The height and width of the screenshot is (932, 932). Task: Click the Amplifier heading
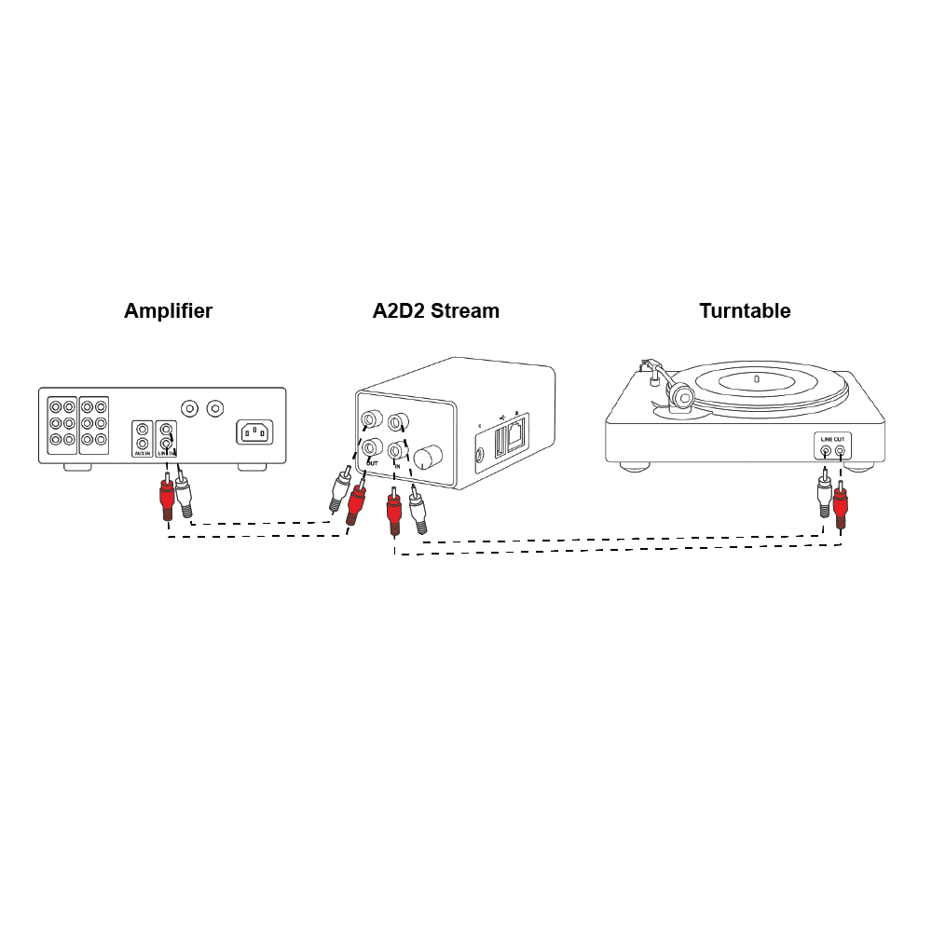[168, 311]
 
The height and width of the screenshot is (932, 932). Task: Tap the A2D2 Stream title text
[435, 311]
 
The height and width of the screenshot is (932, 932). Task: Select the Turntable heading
[745, 311]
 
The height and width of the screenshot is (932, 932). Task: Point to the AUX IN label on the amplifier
[142, 452]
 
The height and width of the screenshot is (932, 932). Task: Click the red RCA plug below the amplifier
[167, 499]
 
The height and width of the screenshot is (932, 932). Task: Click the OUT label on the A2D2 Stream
[372, 462]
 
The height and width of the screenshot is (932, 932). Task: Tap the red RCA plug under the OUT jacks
[355, 502]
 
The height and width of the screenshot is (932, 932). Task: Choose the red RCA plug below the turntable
[841, 506]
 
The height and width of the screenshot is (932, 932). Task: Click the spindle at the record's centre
[756, 378]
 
